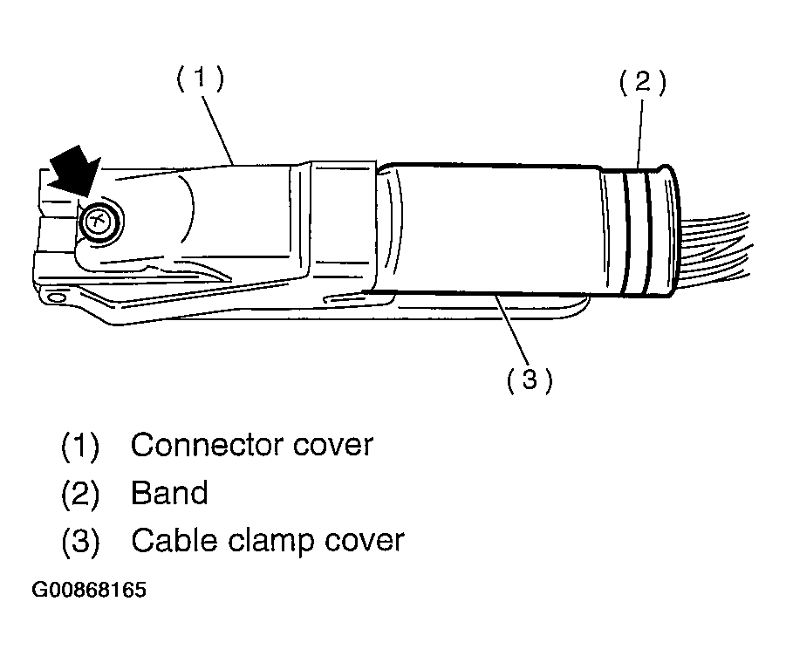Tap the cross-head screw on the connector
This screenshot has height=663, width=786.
coord(99,221)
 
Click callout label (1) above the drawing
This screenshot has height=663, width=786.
coord(200,79)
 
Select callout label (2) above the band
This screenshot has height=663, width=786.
coord(643,83)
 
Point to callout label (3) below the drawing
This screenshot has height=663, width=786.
coord(530,379)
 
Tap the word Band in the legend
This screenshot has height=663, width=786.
coord(169,493)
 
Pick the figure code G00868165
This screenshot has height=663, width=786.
coord(89,590)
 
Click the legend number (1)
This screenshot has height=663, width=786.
coord(80,446)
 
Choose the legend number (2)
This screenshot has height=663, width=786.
coord(80,494)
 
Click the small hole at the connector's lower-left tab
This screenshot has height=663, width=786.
coord(57,297)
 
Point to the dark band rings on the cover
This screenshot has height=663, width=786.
coord(637,232)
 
